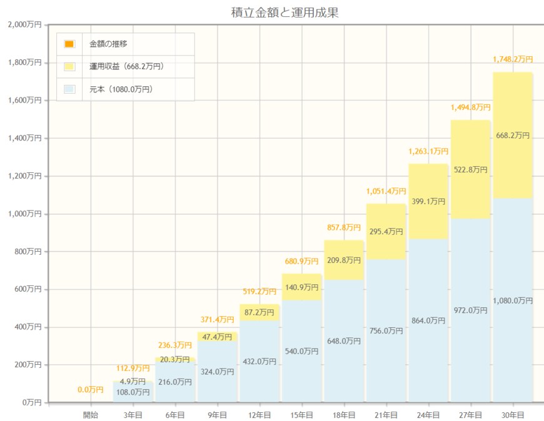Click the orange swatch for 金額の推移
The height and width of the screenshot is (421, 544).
click(x=69, y=44)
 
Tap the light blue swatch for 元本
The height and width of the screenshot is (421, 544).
click(x=69, y=89)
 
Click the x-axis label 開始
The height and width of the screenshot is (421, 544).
click(x=91, y=415)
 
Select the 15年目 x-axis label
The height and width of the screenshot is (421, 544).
click(x=301, y=415)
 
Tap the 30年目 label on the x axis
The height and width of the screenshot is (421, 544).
click(x=512, y=415)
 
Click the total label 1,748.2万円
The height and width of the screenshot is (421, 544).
click(x=513, y=59)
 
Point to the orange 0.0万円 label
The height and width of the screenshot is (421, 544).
click(x=91, y=390)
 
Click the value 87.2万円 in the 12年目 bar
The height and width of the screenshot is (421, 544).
click(x=259, y=312)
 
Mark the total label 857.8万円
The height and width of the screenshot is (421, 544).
click(x=344, y=227)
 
